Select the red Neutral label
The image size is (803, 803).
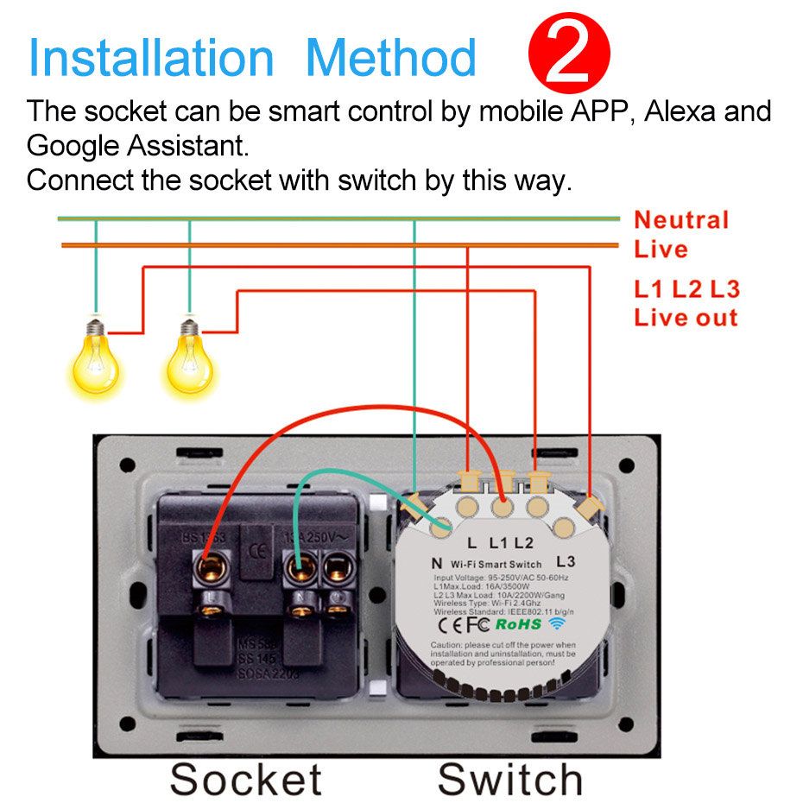(x=681, y=220)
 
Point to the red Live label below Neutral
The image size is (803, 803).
(x=661, y=250)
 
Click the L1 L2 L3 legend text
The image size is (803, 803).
(x=686, y=289)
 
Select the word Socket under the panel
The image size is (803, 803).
(x=246, y=779)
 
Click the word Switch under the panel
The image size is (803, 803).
(x=509, y=779)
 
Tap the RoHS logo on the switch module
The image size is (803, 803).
(x=518, y=623)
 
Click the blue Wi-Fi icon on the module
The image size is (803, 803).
(x=557, y=623)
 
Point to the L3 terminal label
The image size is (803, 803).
(x=566, y=561)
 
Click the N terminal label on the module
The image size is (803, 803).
(x=436, y=563)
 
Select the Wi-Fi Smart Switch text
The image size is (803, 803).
(x=496, y=564)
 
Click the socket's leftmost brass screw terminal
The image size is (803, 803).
(x=209, y=568)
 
